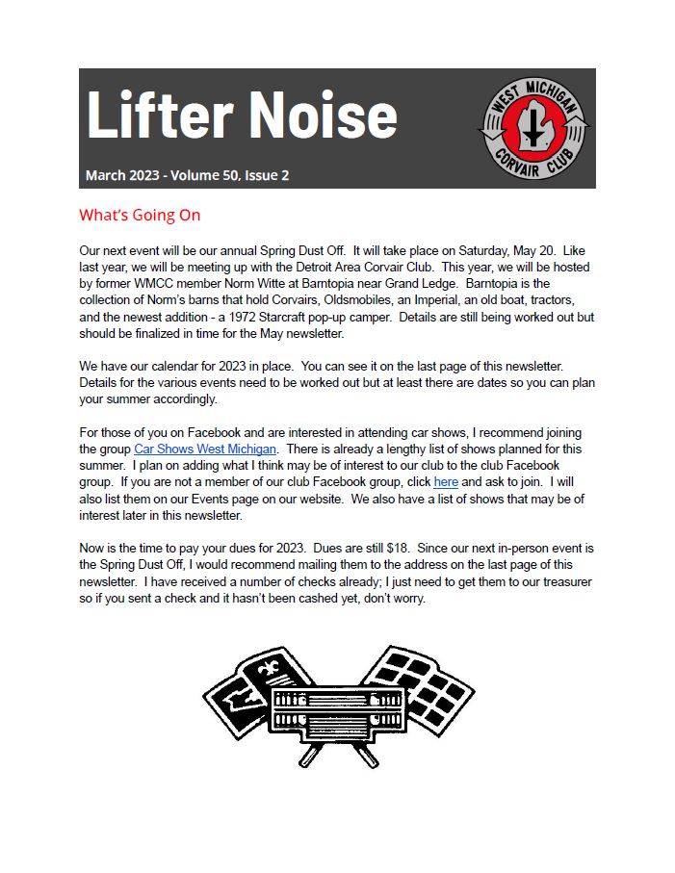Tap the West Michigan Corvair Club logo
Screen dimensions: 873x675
[535, 128]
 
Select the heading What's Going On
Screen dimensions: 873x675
[140, 215]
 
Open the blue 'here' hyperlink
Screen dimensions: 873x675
[446, 480]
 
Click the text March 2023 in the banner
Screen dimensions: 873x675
[120, 175]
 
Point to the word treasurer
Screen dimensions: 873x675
[565, 580]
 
